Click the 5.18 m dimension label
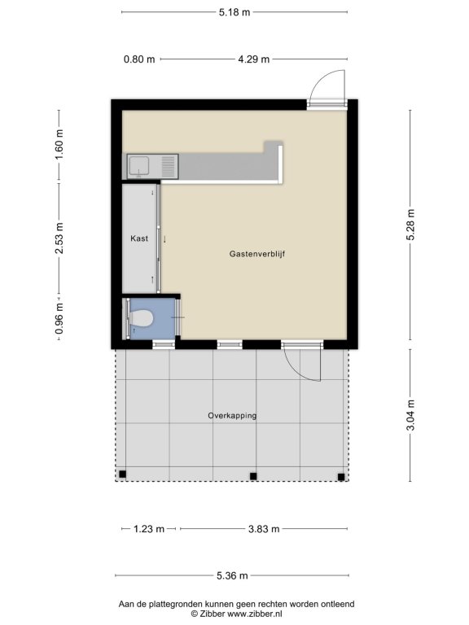234,12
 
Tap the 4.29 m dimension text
254,59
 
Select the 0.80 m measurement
139,59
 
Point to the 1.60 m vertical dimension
59,144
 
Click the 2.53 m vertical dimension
59,238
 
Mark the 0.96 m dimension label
59,319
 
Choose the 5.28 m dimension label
410,225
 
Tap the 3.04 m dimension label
410,415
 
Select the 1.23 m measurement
149,529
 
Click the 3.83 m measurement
264,529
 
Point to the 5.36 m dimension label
232,575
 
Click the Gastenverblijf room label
257,254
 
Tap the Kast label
139,238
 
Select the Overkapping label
232,415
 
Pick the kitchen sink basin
138,166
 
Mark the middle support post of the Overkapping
253,476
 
